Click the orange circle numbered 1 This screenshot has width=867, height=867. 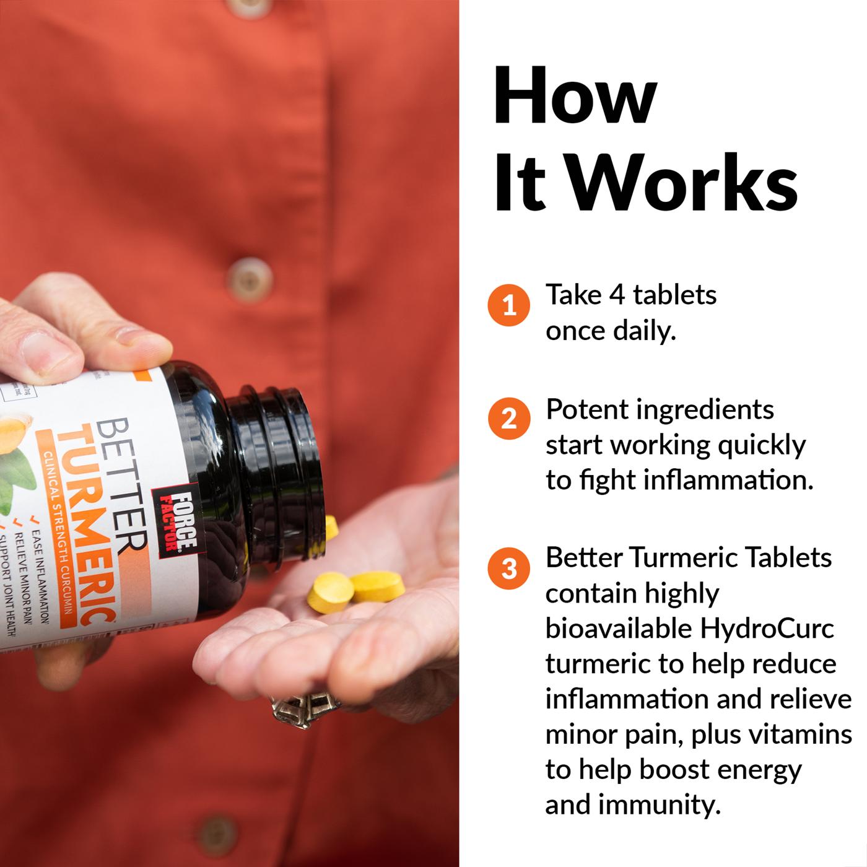509,305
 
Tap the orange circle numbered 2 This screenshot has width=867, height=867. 509,419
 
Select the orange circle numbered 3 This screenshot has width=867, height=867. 509,568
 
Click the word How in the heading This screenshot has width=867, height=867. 575,98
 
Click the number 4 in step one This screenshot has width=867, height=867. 617,295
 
